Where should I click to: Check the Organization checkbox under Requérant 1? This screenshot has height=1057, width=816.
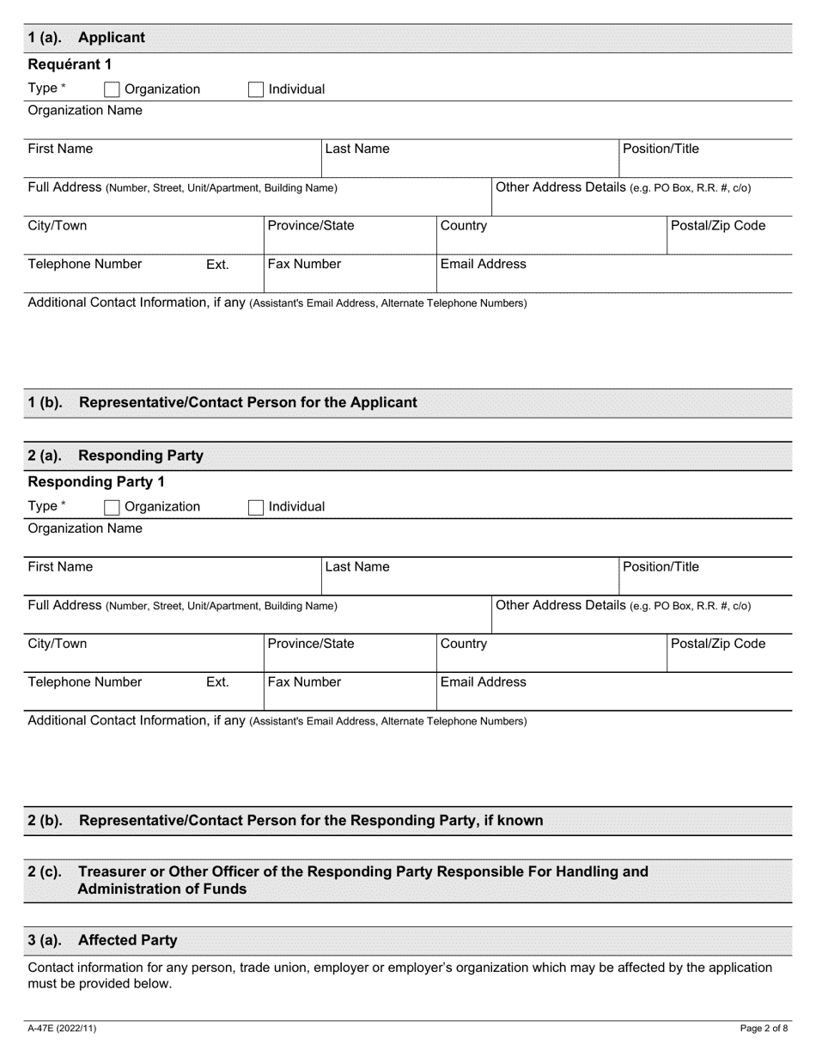112,89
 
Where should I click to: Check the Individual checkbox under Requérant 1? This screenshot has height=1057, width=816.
256,89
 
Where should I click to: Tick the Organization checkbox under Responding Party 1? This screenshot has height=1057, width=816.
112,507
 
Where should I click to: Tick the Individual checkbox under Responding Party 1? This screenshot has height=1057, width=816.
256,507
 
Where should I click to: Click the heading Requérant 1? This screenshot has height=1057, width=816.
70,64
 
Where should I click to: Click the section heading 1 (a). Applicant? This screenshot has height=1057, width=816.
86,38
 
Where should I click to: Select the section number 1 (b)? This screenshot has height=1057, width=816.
45,402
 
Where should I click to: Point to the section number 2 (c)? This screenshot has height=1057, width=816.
45,871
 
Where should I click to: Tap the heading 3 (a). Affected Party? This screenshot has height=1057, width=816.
102,940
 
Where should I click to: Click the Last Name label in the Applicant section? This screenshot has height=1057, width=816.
356,149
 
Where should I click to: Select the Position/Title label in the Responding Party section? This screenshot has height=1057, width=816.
661,566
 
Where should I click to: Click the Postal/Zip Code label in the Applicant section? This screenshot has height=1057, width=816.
718,226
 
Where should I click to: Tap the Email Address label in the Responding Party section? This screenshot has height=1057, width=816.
483,681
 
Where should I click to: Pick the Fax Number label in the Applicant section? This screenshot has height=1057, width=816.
304,264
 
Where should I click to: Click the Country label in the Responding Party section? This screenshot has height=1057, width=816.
463,644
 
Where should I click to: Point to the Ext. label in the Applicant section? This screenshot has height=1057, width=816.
217,265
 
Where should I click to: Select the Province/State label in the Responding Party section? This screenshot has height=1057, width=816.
310,644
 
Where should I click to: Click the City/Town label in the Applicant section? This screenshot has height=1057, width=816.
58,226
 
